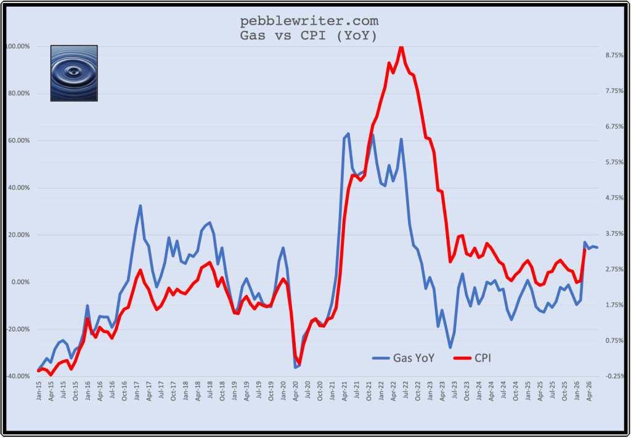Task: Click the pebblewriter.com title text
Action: [x=309, y=22]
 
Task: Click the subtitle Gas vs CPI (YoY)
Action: [x=309, y=36]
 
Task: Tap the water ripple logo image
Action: [x=74, y=73]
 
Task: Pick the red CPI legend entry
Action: [x=474, y=357]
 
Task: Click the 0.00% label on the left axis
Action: [x=18, y=282]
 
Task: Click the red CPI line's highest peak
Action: [x=401, y=47]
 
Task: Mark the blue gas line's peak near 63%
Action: [x=348, y=134]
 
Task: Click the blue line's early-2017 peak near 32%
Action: [x=140, y=206]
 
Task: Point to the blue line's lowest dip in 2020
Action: [x=295, y=367]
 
